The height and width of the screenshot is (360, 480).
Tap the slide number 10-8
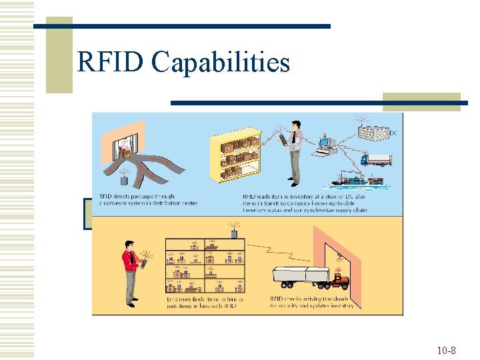pos(446,350)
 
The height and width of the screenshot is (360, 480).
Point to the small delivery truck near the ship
pos(376,159)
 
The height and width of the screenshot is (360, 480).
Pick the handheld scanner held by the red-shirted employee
pos(142,264)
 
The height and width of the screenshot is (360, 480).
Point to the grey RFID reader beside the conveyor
pos(124,179)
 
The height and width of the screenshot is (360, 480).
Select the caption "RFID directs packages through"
pos(137,196)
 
